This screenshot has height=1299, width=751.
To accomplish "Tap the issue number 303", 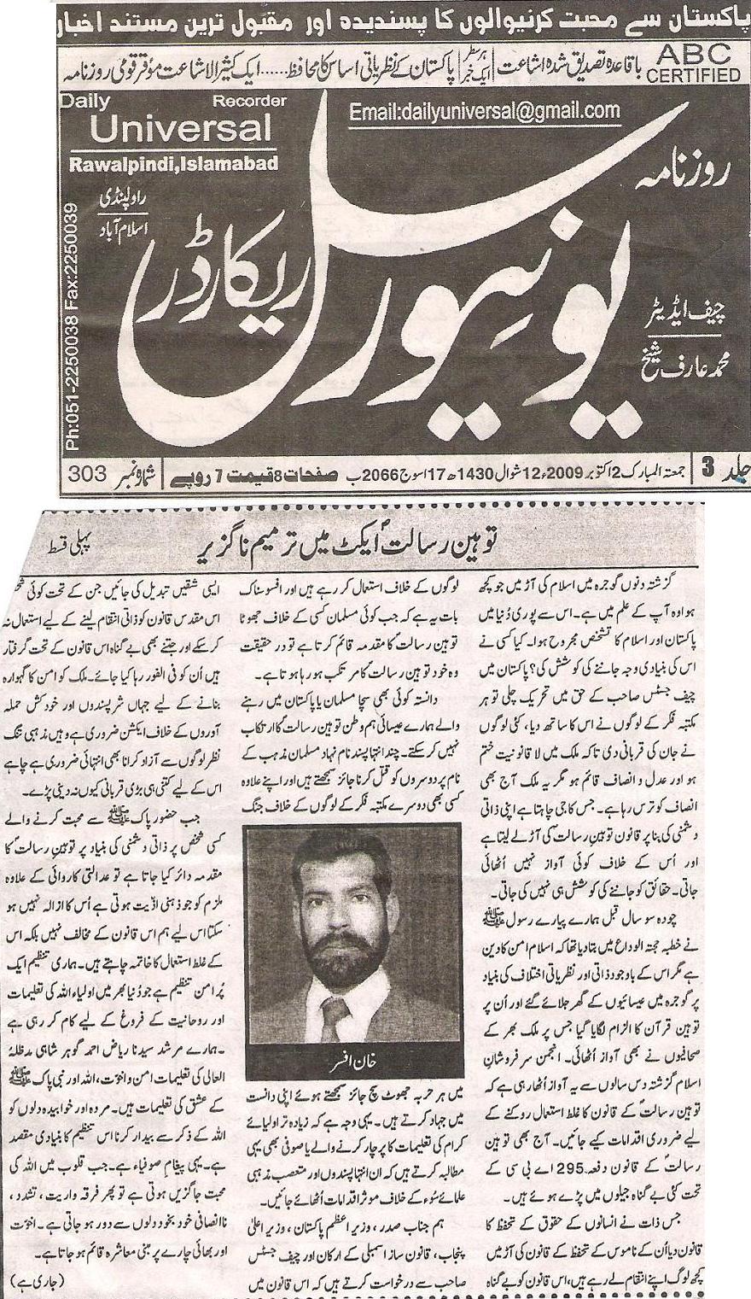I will point(88,471).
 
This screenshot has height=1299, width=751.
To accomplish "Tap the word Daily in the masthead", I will point(85,102).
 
